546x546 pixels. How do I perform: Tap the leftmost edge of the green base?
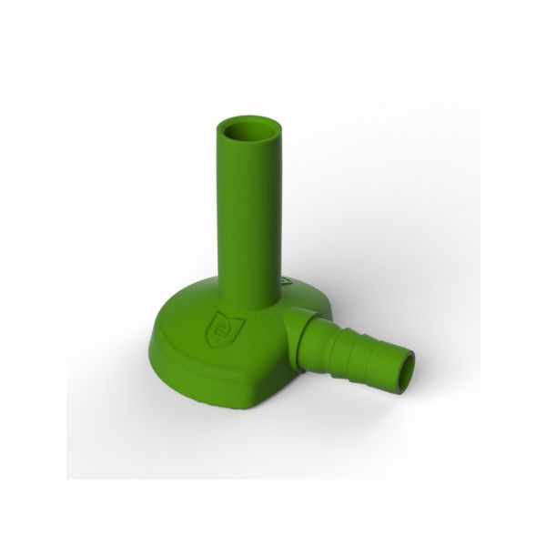pos(152,339)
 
